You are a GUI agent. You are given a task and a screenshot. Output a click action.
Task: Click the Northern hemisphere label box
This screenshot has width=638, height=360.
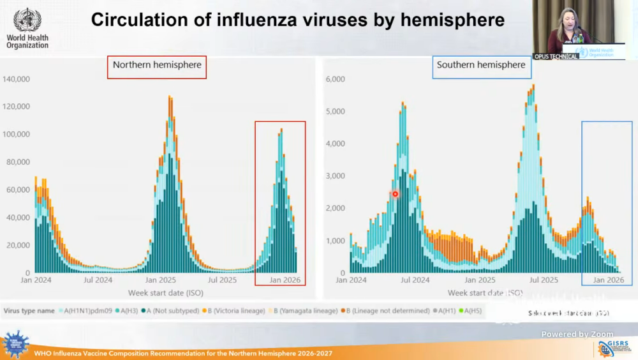point(156,65)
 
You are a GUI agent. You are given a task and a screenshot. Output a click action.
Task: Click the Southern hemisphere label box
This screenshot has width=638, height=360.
point(480,65)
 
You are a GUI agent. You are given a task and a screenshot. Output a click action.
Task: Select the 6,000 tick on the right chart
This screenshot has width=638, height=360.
point(336,79)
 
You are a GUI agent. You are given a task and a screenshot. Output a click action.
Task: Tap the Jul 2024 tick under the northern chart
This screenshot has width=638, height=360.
point(98,280)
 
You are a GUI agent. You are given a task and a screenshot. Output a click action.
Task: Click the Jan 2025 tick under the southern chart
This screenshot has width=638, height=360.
point(479,280)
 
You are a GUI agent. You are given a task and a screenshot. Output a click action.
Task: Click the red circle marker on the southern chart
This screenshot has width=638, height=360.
point(396,194)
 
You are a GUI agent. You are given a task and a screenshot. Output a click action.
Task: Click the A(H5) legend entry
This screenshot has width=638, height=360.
point(472,311)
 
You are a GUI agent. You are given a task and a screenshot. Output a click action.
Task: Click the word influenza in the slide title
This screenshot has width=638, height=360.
point(239,20)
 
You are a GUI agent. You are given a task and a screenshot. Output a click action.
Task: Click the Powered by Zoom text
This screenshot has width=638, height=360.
point(577,334)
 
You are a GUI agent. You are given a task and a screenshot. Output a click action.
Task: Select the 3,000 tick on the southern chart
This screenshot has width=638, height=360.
point(336,176)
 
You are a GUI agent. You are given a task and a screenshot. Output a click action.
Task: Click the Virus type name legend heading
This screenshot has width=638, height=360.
point(29,311)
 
